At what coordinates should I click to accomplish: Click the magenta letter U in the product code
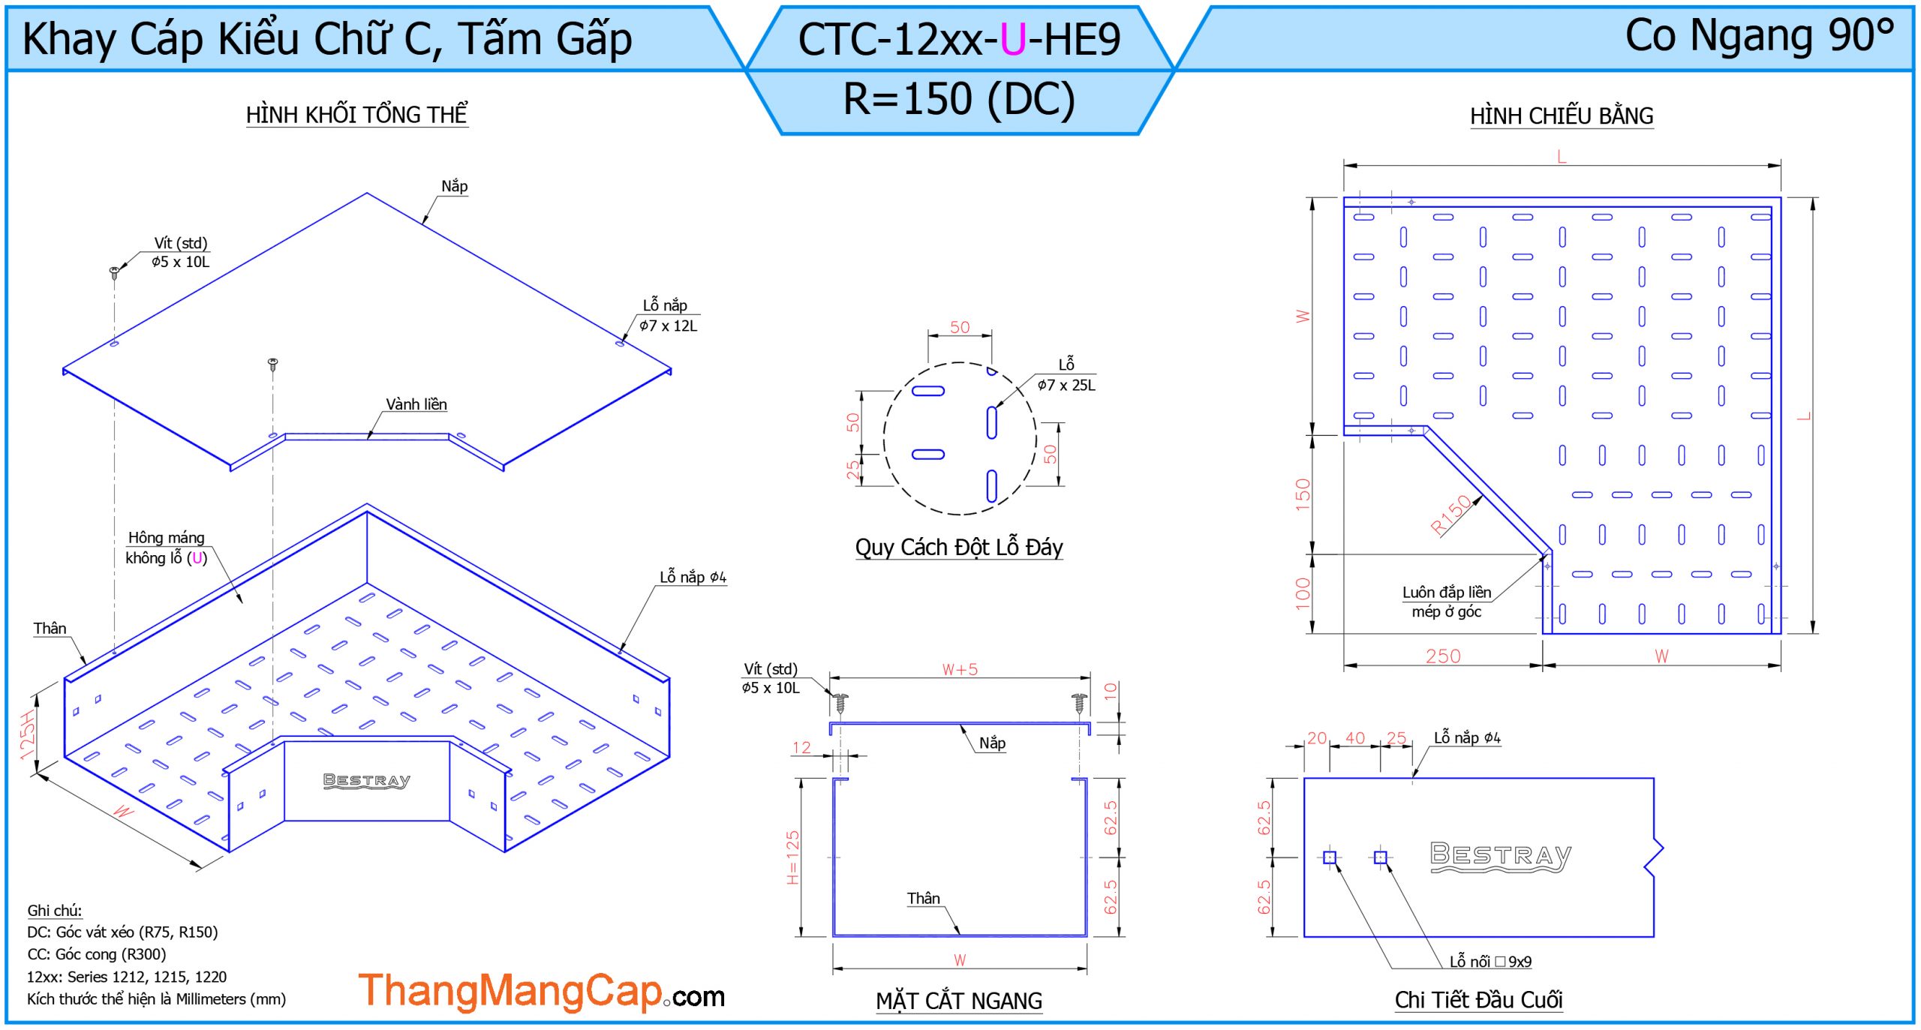coord(1012,40)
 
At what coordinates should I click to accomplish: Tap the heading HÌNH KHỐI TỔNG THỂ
coord(357,114)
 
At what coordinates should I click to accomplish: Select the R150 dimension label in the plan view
coord(1451,515)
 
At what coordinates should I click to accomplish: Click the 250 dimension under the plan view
coord(1443,656)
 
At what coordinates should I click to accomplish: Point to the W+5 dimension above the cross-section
coord(960,669)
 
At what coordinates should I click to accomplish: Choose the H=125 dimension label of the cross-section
coord(793,857)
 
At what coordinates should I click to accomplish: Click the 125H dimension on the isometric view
coord(27,735)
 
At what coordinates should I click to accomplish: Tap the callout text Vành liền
coord(416,404)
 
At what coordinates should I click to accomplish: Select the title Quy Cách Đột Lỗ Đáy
coord(959,547)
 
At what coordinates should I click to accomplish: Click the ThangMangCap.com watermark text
coord(541,991)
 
